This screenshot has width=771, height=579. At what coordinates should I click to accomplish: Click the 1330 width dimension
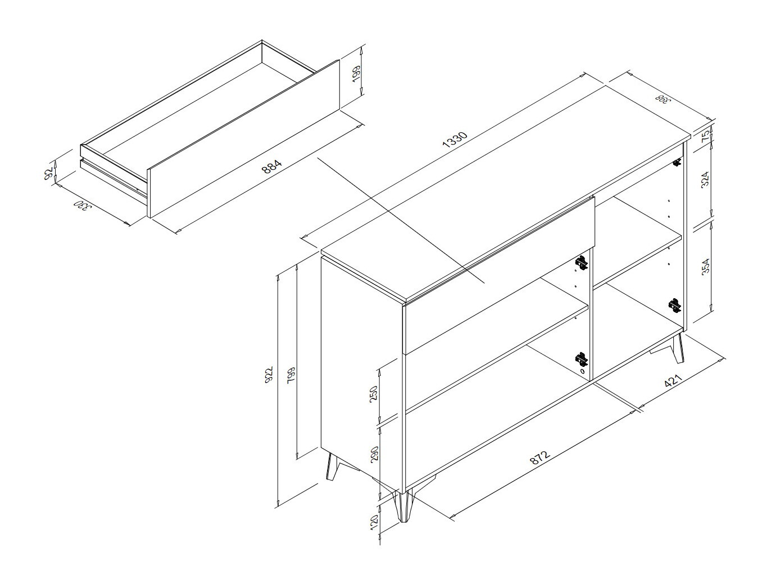(455, 140)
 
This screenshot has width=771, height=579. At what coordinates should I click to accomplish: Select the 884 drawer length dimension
(272, 167)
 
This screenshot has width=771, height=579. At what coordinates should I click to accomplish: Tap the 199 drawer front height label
(356, 74)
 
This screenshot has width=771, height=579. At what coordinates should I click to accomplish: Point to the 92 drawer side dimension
(48, 173)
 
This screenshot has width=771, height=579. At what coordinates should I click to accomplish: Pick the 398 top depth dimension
(662, 99)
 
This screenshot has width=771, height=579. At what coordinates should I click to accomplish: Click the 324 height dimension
(705, 179)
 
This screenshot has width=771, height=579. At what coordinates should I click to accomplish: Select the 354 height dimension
(705, 266)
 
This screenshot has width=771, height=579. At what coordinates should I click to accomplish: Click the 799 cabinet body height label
(291, 375)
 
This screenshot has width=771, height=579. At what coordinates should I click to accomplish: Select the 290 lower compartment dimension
(373, 455)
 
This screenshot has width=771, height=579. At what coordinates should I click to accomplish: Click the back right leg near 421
(676, 350)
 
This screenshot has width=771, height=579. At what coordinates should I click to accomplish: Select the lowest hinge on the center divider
(581, 358)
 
